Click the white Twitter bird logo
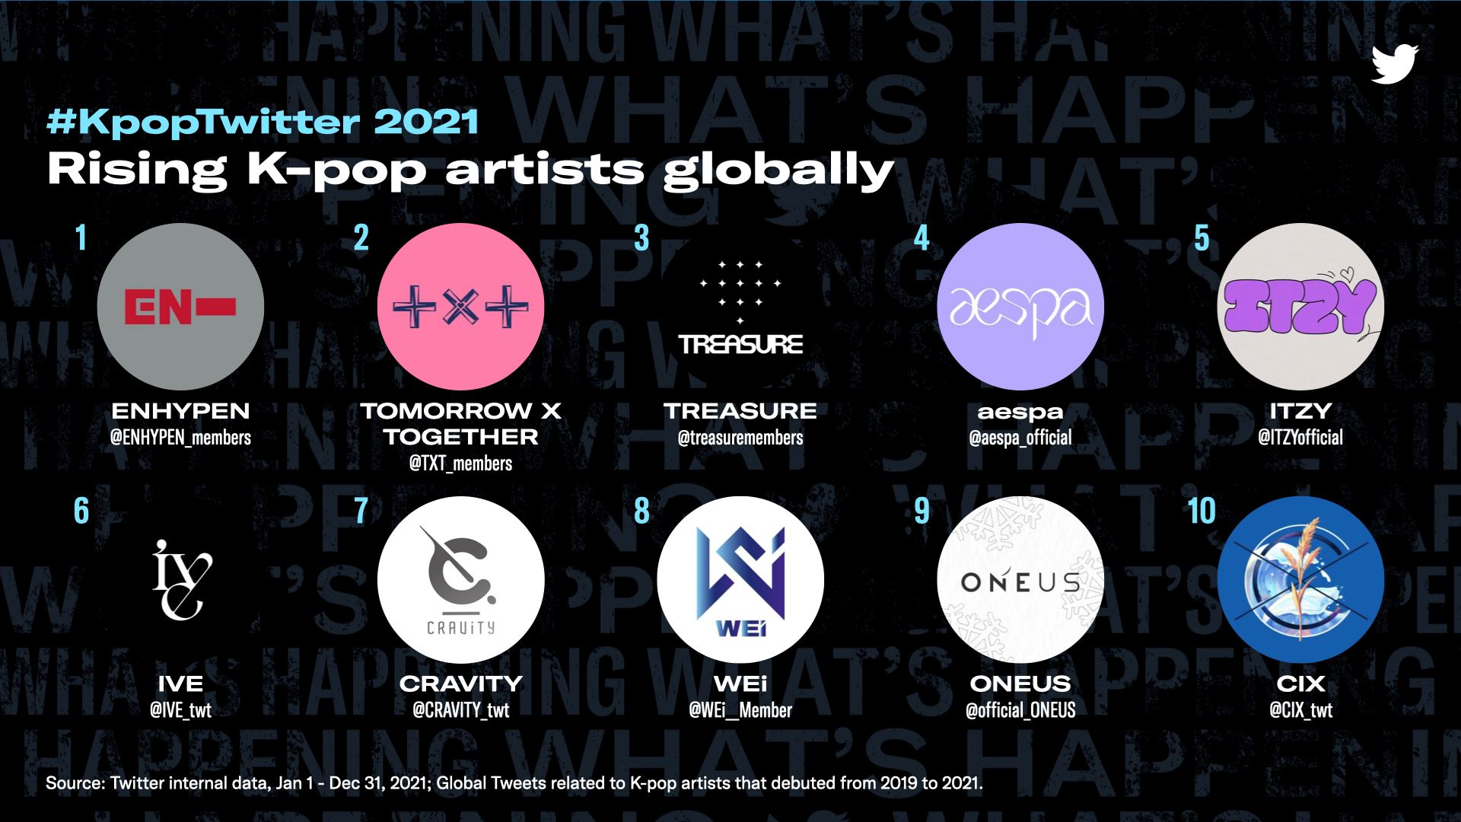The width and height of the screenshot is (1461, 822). (x=1395, y=64)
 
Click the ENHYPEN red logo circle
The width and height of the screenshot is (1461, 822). (x=180, y=307)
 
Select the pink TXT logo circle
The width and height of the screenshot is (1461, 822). (x=460, y=307)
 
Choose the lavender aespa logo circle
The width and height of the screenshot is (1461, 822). (x=1020, y=307)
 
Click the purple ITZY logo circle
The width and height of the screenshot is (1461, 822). (x=1300, y=307)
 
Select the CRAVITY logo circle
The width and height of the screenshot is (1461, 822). (x=460, y=580)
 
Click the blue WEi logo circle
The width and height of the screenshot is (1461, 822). (x=740, y=580)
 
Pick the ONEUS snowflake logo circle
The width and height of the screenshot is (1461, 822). (x=1020, y=580)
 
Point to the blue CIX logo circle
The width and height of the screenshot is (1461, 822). (x=1300, y=580)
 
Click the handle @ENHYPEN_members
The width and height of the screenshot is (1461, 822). (x=180, y=438)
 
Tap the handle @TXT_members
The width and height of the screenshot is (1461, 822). (x=460, y=464)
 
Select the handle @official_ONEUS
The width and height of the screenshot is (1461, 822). (x=1020, y=711)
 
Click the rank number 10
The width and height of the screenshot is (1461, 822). (x=1202, y=511)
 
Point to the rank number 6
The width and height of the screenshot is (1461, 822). (x=81, y=511)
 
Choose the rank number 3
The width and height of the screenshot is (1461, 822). (x=641, y=238)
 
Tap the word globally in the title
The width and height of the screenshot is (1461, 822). (x=778, y=170)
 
